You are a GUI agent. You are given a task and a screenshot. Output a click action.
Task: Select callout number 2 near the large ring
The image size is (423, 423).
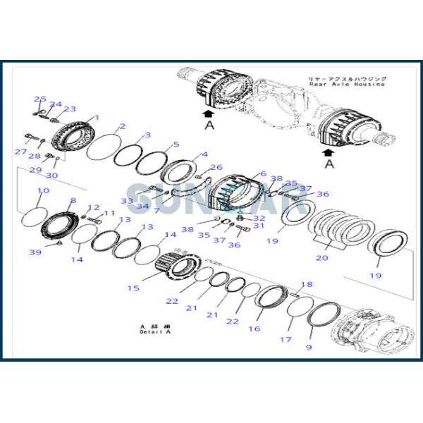pos(122,126)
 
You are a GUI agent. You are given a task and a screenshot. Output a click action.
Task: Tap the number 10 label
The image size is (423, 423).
pos(42,191)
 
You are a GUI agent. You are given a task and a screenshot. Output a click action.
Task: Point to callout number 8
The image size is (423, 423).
pos(72,201)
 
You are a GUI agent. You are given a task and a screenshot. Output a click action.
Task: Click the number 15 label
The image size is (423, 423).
pos(133,288)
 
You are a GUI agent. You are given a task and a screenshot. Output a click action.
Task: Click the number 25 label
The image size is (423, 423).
pos(40,99)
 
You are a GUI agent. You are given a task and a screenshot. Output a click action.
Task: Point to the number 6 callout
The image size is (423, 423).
pos(262,173)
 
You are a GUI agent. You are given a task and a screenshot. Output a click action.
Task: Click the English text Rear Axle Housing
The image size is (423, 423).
pos(346,84)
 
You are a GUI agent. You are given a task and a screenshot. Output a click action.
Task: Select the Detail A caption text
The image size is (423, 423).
pos(155,332)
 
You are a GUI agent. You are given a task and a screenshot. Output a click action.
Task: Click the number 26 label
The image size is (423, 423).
pos(216,167)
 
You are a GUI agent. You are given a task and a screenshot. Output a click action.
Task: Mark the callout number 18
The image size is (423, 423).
pos(306,285)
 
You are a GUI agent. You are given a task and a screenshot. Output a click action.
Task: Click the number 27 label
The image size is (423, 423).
pos(21,152)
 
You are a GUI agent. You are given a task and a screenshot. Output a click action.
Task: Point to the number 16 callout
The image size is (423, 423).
pos(254,329)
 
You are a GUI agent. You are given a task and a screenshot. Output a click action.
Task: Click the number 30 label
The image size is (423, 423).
pos(51,175)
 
